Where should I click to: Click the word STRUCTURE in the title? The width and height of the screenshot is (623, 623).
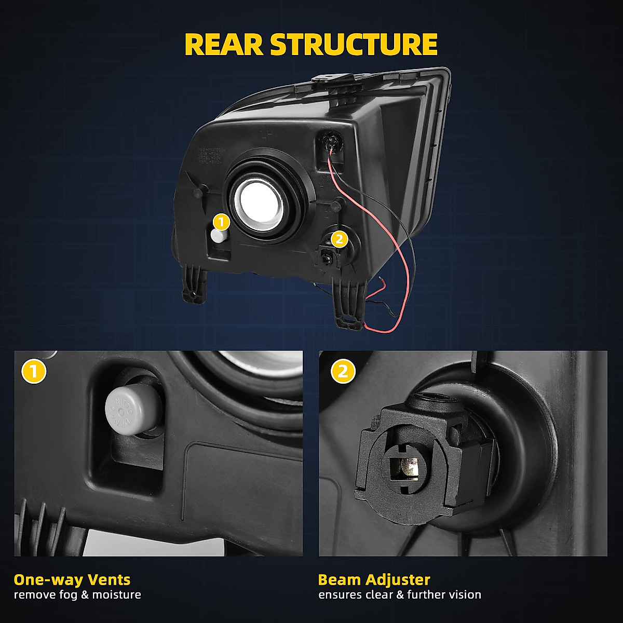(354, 44)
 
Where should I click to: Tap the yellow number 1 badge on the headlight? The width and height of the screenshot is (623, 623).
(221, 222)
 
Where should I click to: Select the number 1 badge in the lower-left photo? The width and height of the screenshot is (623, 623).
(34, 371)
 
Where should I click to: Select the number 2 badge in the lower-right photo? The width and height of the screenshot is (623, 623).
(343, 371)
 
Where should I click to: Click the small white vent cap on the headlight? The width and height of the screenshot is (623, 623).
(218, 236)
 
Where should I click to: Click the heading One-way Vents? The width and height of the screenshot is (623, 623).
(72, 579)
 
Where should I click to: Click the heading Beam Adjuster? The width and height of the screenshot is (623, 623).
(374, 579)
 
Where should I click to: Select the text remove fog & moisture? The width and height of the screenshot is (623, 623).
(77, 595)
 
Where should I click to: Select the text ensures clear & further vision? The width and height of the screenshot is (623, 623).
(399, 595)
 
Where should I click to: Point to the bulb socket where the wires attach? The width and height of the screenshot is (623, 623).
(330, 141)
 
